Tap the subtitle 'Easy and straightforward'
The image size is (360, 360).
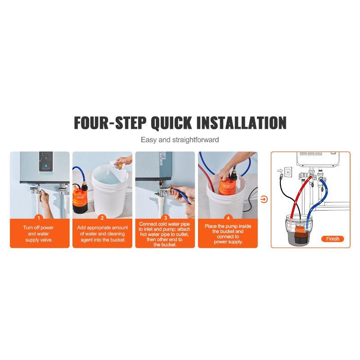[x=180, y=140]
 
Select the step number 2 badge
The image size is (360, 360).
[x=102, y=217]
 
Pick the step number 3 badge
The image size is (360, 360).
[x=165, y=217]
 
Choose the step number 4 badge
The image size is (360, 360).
[x=228, y=217]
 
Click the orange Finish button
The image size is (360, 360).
[x=333, y=239]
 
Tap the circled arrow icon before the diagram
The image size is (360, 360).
[x=264, y=199]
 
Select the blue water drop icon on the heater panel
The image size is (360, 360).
[x=46, y=166]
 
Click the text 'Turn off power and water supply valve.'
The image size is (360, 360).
[x=40, y=234]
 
